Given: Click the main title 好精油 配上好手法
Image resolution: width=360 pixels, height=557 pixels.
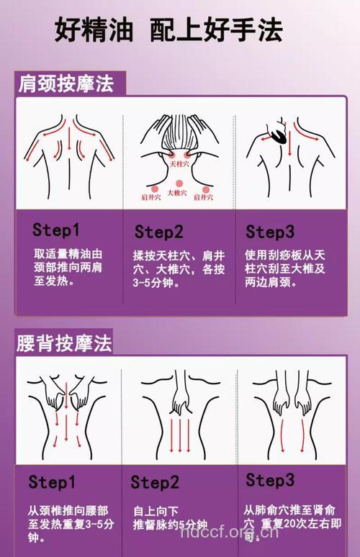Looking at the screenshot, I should point(168,31).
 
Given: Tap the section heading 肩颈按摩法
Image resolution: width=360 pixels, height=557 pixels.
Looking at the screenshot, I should point(66,84).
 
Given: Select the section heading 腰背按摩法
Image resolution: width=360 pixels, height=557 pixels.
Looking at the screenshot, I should point(66,343).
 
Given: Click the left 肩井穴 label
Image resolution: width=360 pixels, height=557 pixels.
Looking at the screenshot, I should point(150,197).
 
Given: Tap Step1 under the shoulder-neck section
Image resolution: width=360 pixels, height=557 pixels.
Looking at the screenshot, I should point(56,230).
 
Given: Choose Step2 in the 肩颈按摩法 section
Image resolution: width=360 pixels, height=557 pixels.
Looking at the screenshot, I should point(159,232).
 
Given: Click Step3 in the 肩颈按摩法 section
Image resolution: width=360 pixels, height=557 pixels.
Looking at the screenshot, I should point(270,232).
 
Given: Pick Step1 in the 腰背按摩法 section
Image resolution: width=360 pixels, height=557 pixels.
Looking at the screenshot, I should point(52,481).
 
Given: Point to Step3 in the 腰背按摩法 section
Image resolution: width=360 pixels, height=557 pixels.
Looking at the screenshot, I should point(270,480).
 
